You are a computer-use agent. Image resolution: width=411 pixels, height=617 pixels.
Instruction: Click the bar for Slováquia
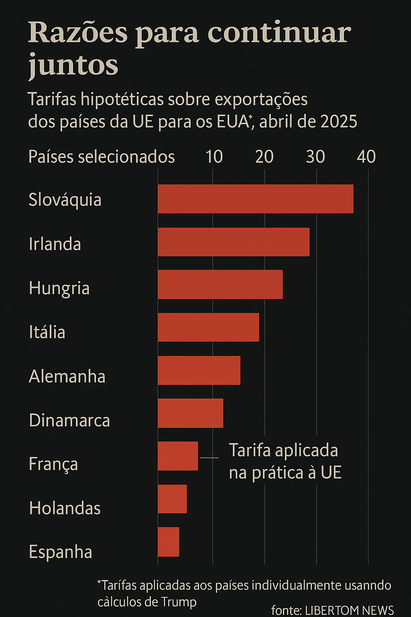coord(255,199)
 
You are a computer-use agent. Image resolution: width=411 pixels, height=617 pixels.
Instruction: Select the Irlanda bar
coord(234,242)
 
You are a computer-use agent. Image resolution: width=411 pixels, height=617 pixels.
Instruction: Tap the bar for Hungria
coord(220,284)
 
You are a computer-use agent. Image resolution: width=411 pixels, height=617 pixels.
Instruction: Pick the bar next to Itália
coord(208,327)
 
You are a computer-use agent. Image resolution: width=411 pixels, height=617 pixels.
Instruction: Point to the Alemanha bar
coord(199,370)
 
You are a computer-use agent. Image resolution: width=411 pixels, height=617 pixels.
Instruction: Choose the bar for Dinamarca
coord(190,413)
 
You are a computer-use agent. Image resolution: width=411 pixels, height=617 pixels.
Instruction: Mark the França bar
coord(178,456)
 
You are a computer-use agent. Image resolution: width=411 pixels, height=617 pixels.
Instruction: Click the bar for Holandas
coord(172,499)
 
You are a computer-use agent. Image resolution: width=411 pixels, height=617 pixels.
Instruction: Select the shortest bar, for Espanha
coord(169,542)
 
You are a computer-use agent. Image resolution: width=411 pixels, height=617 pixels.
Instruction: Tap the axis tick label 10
coord(214,157)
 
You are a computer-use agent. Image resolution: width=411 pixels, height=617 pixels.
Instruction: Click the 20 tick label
coord(265,157)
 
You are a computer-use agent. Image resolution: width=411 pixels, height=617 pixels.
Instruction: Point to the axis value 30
coord(315,157)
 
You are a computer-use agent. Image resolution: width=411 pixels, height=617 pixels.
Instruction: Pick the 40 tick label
coord(366,157)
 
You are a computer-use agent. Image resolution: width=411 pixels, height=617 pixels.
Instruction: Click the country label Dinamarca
coord(69,421)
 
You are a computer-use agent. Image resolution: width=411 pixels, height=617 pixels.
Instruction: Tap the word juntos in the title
coord(73,65)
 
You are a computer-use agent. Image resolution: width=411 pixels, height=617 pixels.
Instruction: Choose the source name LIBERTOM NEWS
coord(349,610)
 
